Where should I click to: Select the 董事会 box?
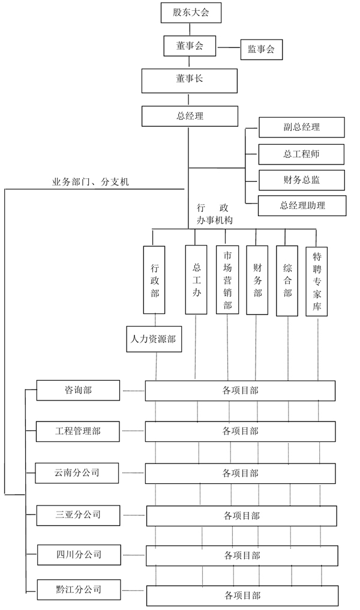coord(190,46)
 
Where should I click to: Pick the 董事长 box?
coord(190,80)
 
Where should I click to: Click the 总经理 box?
coord(190,116)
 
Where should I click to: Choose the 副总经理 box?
coord(301,127)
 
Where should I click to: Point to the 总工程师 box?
coord(301,154)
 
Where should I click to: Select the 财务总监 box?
coord(301,180)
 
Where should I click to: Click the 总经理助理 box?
coord(302,206)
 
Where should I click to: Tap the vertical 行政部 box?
coord(155,279)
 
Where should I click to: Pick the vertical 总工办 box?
coord(196,279)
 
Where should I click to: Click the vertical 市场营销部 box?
coord(227,279)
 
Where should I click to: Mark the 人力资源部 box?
coord(154,339)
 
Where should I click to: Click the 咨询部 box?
coord(78,390)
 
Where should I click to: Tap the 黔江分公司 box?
coord(78,590)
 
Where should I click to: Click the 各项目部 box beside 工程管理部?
coord(240,431)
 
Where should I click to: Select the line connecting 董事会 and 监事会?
coord(229,47)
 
